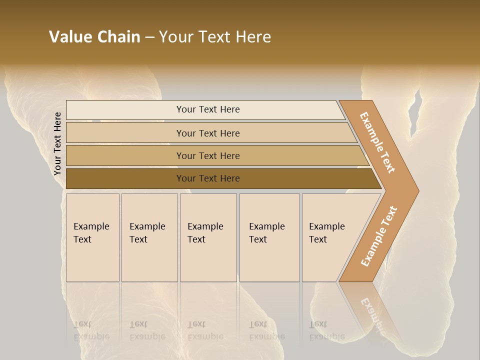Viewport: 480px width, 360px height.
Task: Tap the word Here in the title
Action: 253,37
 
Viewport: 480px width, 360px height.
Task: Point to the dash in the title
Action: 149,37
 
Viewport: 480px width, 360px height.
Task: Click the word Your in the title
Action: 175,37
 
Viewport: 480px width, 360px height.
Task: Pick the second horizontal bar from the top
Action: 208,133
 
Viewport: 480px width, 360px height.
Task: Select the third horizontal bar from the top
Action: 208,155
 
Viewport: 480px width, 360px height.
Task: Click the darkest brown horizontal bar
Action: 208,178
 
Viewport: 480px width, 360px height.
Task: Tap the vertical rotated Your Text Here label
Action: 58,143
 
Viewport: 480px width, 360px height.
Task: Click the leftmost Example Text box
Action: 92,237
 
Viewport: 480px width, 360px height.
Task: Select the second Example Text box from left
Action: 149,237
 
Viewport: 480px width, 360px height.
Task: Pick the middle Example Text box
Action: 208,237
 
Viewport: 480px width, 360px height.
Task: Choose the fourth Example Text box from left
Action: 269,237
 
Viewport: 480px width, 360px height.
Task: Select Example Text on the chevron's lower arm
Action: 378,236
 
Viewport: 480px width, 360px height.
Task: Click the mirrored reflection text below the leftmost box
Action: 91,330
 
